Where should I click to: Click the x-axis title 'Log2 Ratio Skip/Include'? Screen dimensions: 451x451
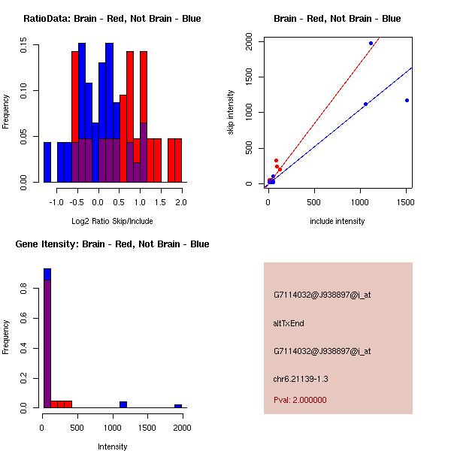pos(112,221)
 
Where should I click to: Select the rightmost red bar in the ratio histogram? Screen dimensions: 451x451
pos(178,160)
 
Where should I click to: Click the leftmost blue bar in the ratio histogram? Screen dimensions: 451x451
pos(47,162)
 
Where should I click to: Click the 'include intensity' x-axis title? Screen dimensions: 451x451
pos(337,221)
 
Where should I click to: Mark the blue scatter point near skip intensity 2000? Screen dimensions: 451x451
pos(371,43)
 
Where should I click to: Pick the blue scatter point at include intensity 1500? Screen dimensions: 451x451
pos(407,100)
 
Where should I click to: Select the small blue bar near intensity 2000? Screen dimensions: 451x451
pos(178,406)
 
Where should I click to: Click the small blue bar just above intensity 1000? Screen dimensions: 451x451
pos(123,404)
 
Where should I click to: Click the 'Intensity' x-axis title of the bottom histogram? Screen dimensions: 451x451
pos(112,446)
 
